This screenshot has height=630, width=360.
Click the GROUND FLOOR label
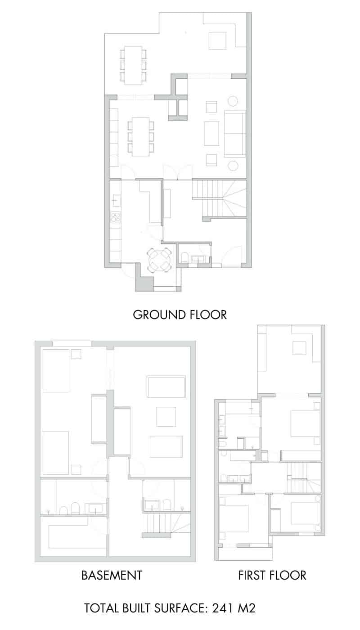point(180,315)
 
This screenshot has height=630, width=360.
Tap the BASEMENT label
point(112,575)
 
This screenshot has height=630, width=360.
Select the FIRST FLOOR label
point(272,575)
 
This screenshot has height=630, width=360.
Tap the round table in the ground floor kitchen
point(160,260)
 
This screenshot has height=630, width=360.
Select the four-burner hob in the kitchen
point(116,218)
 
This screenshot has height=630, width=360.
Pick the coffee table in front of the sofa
point(211,133)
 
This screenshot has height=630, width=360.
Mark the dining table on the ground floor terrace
point(133,65)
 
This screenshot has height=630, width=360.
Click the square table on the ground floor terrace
point(219,41)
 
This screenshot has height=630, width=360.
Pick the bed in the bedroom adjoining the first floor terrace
point(305,423)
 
